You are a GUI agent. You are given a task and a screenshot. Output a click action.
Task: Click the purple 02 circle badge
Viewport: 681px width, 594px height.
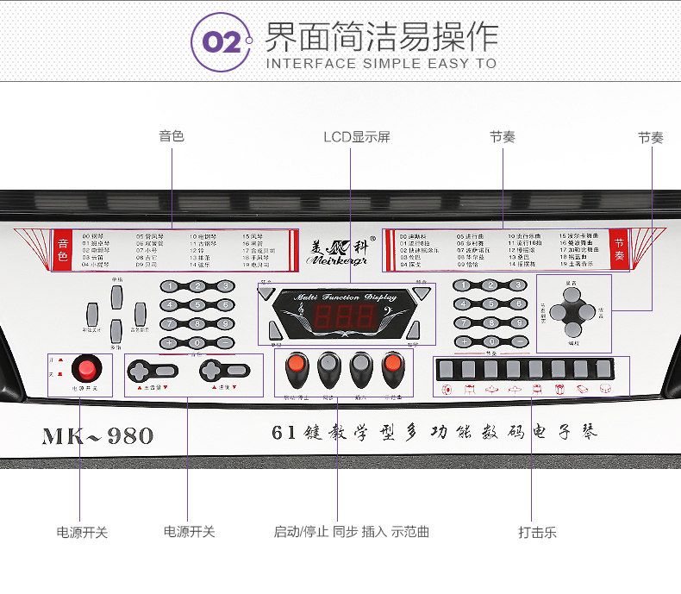[222, 43]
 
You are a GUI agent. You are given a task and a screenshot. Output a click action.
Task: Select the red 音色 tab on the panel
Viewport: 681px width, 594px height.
[62, 247]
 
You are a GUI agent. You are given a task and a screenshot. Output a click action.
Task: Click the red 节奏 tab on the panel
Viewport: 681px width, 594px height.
[619, 247]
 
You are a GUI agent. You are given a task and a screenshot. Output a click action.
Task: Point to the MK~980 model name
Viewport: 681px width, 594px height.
[97, 435]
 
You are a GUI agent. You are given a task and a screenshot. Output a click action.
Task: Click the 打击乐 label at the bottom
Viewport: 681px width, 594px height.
[537, 532]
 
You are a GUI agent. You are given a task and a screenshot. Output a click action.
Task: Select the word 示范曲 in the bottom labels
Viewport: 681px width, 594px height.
[410, 532]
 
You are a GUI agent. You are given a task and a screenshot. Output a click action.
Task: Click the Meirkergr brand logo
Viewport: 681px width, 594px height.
[340, 248]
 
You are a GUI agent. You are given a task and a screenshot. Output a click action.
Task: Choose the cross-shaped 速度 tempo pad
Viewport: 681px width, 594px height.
[223, 371]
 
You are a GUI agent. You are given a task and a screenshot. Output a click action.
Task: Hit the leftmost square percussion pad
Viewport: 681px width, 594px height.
[446, 369]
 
